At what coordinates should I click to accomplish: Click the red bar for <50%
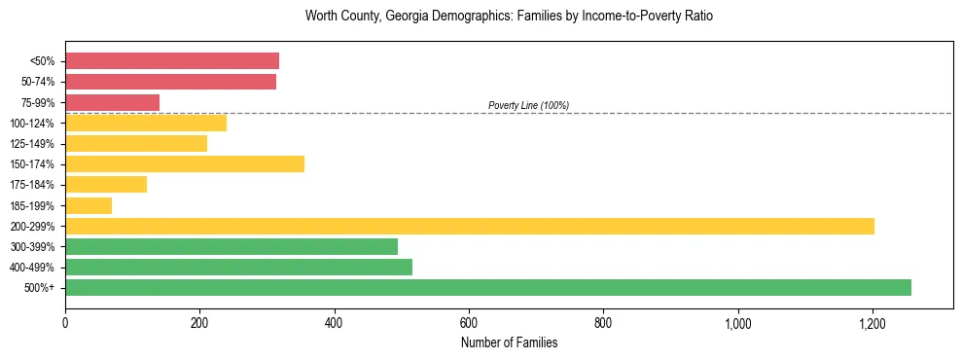[172, 61]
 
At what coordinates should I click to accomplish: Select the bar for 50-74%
[170, 82]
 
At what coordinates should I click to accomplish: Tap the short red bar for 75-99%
[112, 102]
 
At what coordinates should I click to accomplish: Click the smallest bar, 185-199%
[89, 205]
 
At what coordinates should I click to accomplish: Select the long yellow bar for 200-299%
[470, 226]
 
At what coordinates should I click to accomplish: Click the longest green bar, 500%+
[488, 287]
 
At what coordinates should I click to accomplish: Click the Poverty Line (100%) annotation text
[528, 105]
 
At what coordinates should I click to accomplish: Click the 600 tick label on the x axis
[469, 322]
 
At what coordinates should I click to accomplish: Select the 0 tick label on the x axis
[65, 322]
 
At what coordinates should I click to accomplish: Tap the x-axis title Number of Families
[509, 342]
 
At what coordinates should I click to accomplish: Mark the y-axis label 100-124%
[32, 124]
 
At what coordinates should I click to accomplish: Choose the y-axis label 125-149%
[32, 144]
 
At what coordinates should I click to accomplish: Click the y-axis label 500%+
[40, 288]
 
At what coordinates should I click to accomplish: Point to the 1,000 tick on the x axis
[738, 322]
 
